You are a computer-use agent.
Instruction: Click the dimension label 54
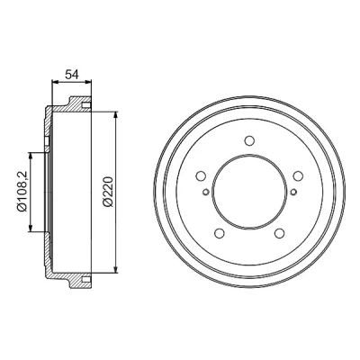pos(72,74)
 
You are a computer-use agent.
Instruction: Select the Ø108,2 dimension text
pos(22,192)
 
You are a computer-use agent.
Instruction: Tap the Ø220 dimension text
pos(108,192)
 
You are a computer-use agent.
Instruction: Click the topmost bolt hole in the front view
pos(249,140)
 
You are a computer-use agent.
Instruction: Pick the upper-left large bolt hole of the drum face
pos(201,175)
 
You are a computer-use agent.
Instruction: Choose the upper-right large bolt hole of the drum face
pos(298,175)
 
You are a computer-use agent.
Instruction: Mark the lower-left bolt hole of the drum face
pos(220,233)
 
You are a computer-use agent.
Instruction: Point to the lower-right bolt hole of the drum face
pos(280,233)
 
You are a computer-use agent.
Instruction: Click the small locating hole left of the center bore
pos(205,192)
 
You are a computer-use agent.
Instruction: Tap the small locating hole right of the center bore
pos(293,192)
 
